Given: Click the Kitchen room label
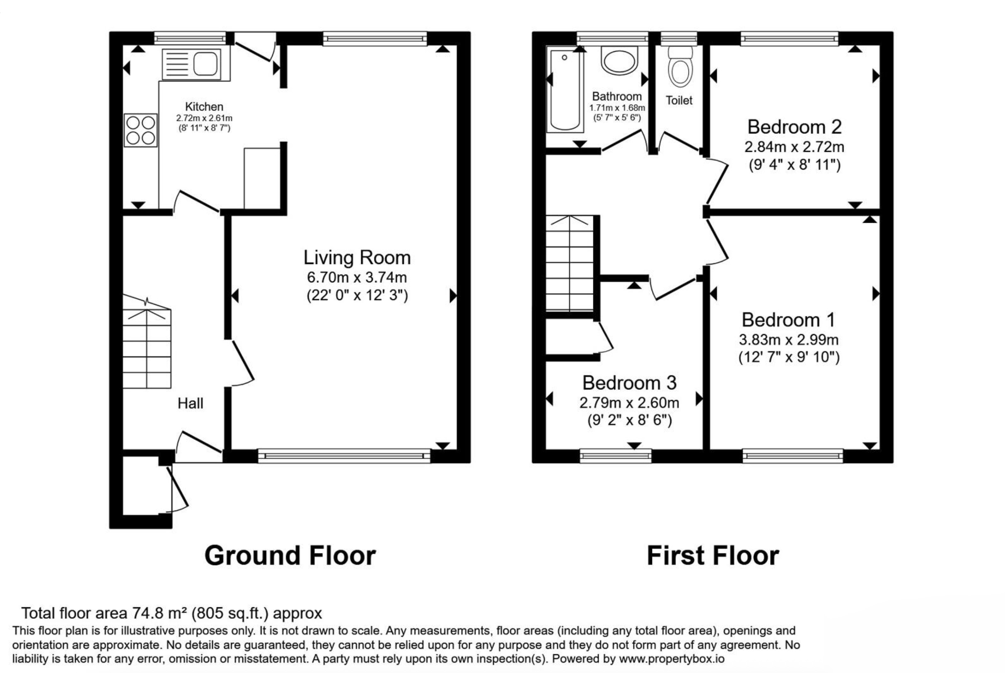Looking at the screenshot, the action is [x=204, y=106].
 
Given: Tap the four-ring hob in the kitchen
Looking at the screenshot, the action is [x=140, y=130].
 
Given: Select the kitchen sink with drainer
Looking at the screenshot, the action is [x=191, y=65].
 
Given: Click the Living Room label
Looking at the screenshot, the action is [x=357, y=257].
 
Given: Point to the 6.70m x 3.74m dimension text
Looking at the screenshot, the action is [x=357, y=277].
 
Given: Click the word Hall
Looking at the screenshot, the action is [x=190, y=404].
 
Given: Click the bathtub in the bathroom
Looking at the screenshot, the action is [x=565, y=89].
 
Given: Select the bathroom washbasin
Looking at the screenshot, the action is [x=619, y=60].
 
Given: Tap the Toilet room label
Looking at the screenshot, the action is [x=679, y=101].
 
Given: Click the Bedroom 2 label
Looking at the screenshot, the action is [x=794, y=127].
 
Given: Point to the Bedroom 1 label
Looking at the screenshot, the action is [x=788, y=320].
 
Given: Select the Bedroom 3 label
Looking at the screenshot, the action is [x=629, y=383].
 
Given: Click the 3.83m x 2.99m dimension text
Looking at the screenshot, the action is [x=788, y=340].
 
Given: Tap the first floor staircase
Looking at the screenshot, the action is [x=570, y=263].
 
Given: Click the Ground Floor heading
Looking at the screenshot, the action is [x=290, y=556].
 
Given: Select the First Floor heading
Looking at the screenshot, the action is [x=713, y=556].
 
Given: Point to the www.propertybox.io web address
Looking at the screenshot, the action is [x=671, y=659].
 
